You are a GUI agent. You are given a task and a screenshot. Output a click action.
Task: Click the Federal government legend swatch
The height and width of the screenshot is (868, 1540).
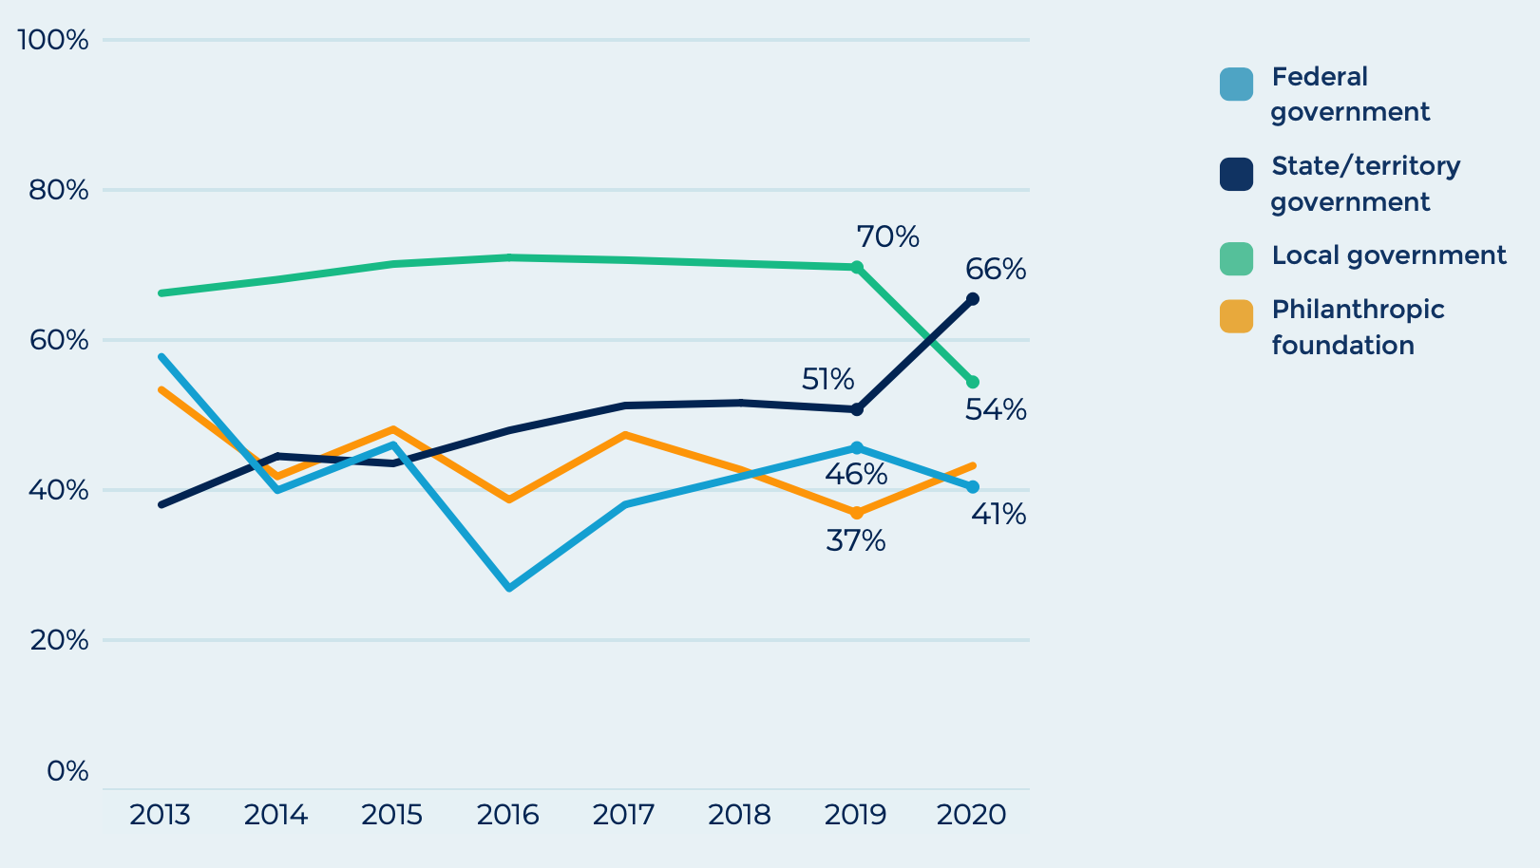(x=1236, y=85)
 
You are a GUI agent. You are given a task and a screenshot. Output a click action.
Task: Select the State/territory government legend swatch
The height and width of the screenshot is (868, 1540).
(x=1236, y=174)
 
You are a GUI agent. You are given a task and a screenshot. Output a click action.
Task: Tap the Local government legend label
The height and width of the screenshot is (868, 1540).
(x=1388, y=255)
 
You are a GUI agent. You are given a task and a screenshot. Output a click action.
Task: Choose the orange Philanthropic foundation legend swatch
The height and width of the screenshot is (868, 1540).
(x=1236, y=316)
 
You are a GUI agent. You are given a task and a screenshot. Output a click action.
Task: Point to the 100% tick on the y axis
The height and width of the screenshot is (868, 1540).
(x=54, y=40)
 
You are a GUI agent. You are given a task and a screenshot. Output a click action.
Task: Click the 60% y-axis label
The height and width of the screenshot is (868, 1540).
(x=59, y=340)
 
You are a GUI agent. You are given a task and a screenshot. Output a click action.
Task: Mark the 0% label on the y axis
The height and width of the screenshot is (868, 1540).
(x=67, y=771)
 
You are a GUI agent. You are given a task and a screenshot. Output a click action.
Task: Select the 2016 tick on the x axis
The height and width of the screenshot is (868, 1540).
(x=507, y=815)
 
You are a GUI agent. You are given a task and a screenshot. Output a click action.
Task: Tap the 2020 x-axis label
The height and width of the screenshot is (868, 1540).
(x=971, y=815)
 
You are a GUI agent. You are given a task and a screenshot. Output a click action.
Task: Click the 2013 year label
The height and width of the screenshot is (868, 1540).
(x=160, y=815)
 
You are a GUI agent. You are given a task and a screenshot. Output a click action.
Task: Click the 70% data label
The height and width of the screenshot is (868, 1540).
(x=887, y=236)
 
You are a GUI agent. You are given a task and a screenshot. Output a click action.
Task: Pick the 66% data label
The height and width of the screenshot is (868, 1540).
(x=996, y=270)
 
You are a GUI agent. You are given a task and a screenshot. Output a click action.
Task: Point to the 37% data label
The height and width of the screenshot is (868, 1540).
(x=855, y=541)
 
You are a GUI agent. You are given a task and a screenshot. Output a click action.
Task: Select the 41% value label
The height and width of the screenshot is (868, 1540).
(x=998, y=515)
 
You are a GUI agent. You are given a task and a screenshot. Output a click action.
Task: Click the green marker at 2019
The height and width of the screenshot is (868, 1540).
(x=857, y=268)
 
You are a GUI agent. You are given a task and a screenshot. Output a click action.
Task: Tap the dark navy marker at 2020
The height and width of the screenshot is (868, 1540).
(x=973, y=299)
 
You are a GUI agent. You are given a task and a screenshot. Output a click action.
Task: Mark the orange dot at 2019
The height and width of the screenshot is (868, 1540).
(x=857, y=514)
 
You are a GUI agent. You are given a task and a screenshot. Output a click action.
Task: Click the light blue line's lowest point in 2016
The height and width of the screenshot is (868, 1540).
(x=510, y=588)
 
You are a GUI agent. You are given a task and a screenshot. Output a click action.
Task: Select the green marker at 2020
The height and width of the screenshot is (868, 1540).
(x=973, y=383)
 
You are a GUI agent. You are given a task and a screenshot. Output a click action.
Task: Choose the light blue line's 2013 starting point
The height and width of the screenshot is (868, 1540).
(x=162, y=357)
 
